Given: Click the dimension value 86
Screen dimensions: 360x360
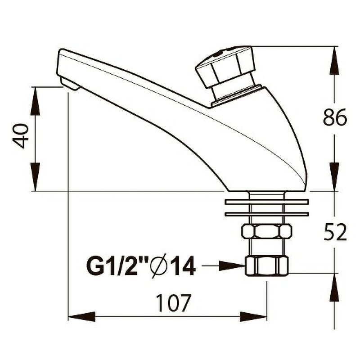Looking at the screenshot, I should coord(335,118).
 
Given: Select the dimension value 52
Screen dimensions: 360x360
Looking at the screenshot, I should coord(335,233).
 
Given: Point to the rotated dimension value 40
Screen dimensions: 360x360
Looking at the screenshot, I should coord(21,136).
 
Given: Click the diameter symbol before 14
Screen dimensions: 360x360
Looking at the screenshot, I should coord(160,267).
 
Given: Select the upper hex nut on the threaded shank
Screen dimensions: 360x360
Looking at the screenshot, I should coord(266,231).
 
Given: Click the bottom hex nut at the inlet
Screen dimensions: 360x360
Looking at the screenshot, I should coord(266,265).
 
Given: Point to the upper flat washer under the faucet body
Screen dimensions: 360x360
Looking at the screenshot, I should coord(266,202).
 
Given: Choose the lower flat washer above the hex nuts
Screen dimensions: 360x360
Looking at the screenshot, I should coord(266,214).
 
